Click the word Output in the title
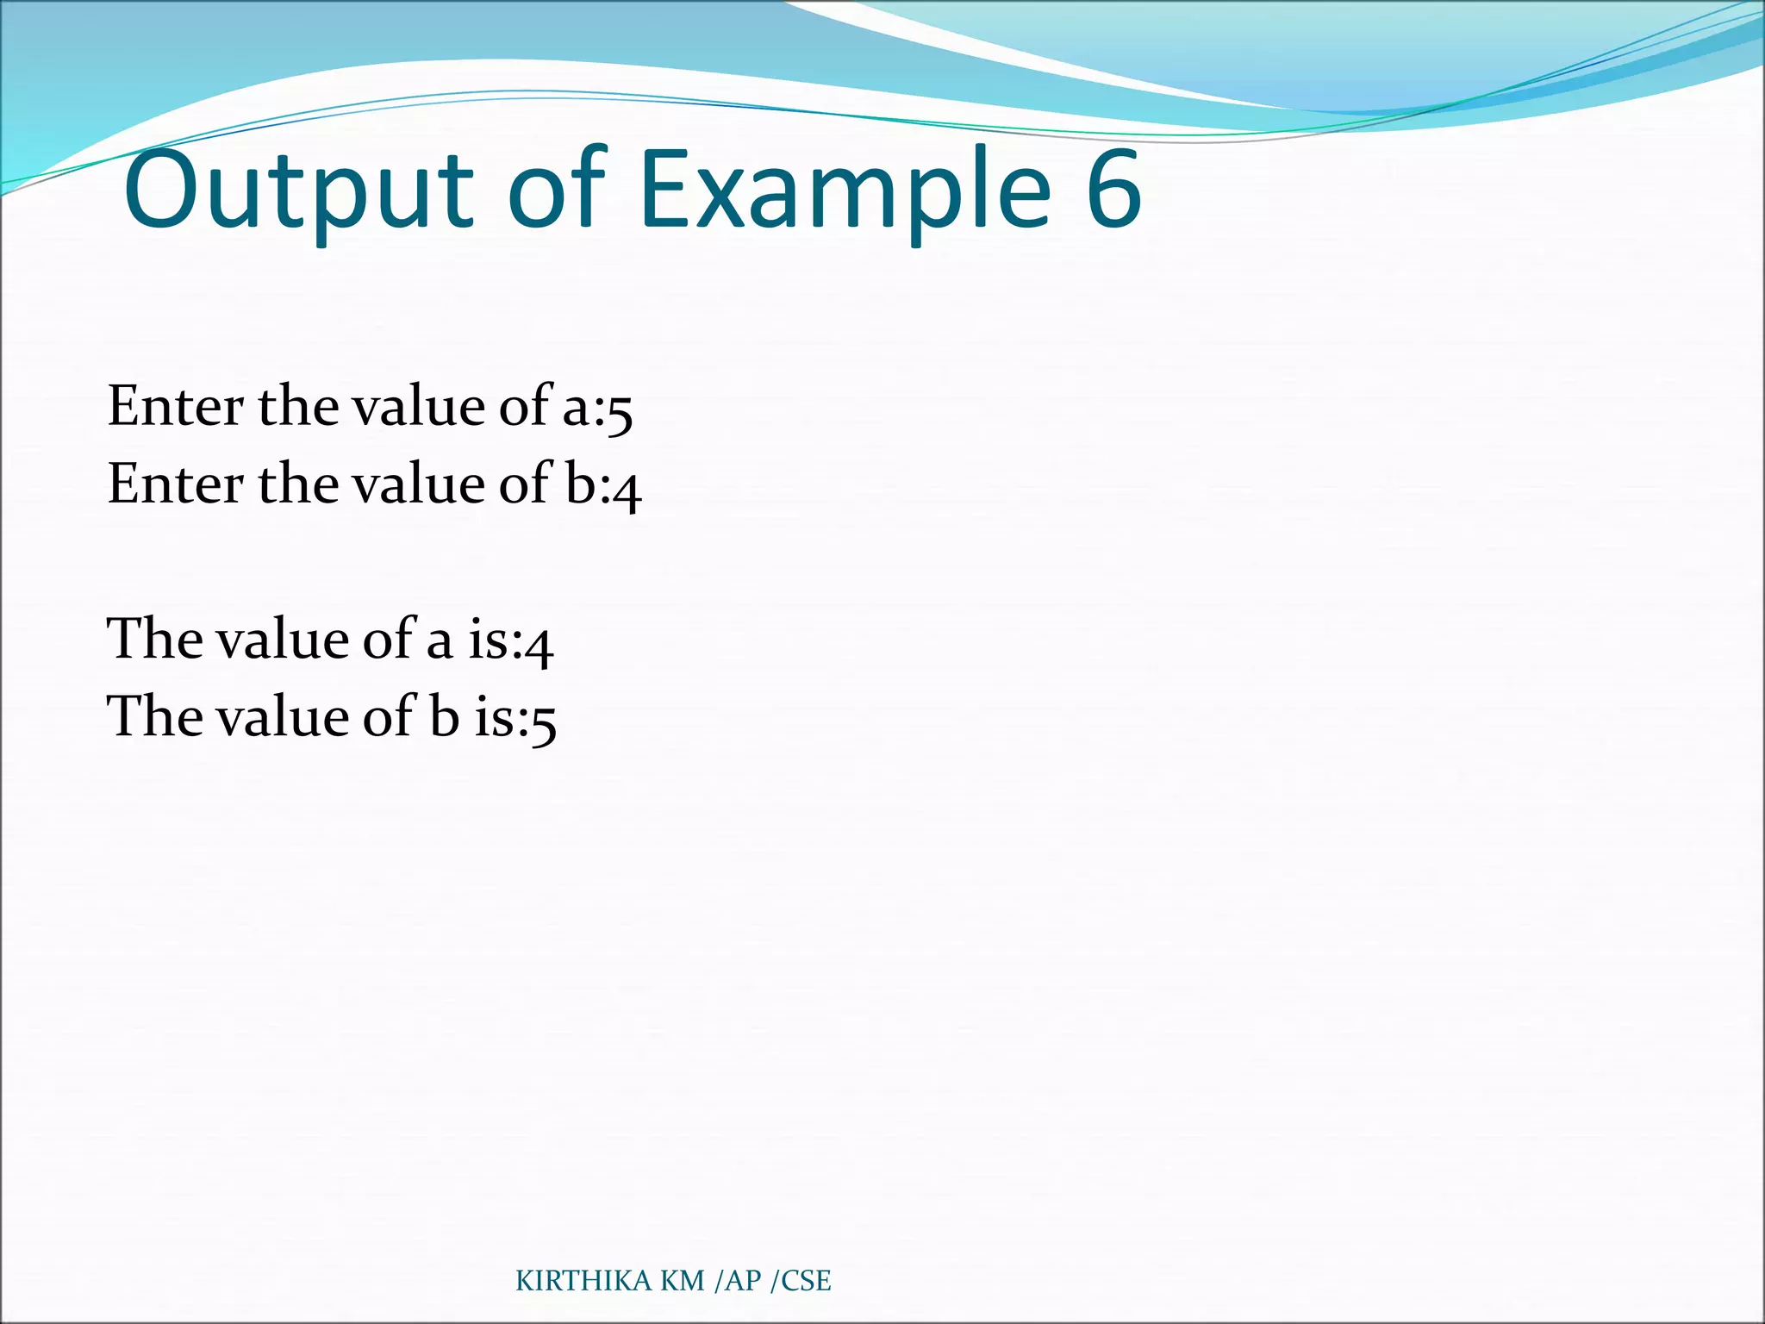pyautogui.click(x=298, y=191)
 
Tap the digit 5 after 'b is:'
pyautogui.click(x=544, y=721)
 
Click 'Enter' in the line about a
pyautogui.click(x=175, y=406)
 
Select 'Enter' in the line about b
pyautogui.click(x=175, y=484)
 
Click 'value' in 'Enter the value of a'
pyautogui.click(x=419, y=406)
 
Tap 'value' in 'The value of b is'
pyautogui.click(x=281, y=716)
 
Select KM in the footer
pyautogui.click(x=682, y=1282)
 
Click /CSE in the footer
pyautogui.click(x=801, y=1282)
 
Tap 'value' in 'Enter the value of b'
pyautogui.click(x=419, y=484)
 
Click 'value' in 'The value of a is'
pyautogui.click(x=281, y=639)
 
